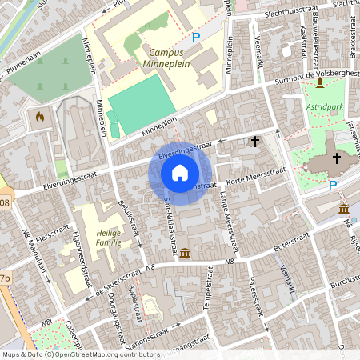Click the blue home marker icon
180,173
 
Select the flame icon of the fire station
40,117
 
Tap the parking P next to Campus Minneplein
196,37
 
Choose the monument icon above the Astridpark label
320,83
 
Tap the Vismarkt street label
288,278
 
